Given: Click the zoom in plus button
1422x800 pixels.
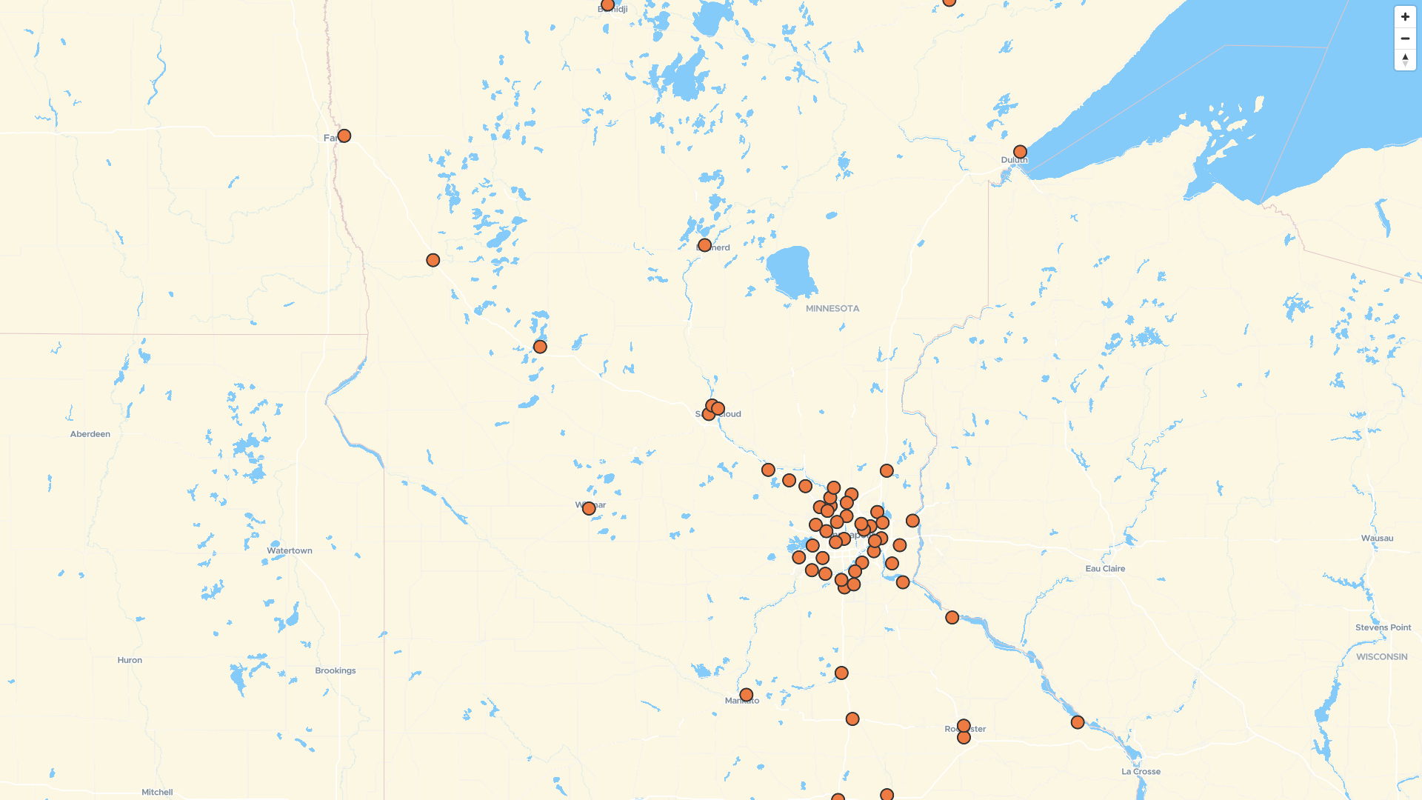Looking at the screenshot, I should [x=1405, y=17].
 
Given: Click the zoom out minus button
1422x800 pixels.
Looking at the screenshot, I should [x=1405, y=39].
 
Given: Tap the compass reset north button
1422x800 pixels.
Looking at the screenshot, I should [x=1405, y=60].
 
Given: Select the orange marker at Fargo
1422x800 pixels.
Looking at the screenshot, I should [x=344, y=136].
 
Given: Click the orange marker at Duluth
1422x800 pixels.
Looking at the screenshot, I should [x=1020, y=152].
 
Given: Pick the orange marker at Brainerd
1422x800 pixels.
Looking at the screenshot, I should [x=704, y=245].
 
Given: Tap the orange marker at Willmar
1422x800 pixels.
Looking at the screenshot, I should [x=589, y=509].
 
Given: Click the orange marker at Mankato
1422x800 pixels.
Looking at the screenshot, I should [x=746, y=696].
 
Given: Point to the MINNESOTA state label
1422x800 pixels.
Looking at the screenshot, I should [x=832, y=309].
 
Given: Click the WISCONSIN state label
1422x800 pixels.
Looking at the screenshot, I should [x=1381, y=657].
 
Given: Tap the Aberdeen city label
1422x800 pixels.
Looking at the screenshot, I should [x=90, y=434].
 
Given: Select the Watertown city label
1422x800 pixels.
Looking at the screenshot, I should [x=290, y=551].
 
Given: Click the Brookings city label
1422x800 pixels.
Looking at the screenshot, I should [x=336, y=671].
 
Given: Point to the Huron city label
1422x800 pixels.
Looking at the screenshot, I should [x=130, y=661].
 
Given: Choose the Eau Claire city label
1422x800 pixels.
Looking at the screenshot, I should [x=1105, y=569].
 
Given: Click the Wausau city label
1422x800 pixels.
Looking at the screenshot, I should [x=1377, y=539].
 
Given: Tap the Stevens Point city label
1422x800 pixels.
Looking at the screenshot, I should [x=1383, y=627].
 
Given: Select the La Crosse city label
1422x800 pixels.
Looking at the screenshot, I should [x=1141, y=772].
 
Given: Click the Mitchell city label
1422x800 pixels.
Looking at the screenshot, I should [x=157, y=793].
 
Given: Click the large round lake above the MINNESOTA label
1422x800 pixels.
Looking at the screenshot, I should [x=790, y=269].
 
